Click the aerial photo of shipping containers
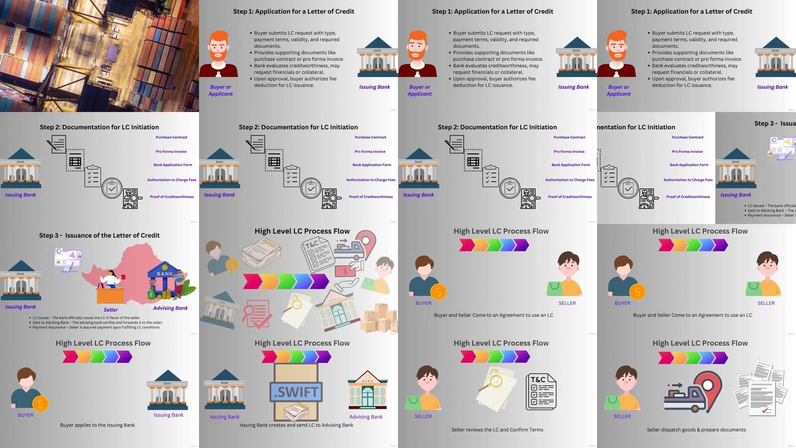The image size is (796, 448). tap(99, 56)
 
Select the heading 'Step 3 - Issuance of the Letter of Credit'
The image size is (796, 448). tap(99, 235)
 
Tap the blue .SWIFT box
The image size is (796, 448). tap(296, 392)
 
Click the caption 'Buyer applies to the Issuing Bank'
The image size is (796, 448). tap(98, 425)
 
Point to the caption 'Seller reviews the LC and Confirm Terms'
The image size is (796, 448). tap(497, 430)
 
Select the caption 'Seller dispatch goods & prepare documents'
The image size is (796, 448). tap(696, 430)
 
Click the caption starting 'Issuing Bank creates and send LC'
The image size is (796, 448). tap(297, 425)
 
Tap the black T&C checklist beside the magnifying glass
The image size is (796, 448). tap(541, 392)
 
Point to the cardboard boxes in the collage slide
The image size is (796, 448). tap(381, 319)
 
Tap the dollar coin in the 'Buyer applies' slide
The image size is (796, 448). tap(40, 403)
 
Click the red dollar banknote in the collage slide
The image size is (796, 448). tap(345, 271)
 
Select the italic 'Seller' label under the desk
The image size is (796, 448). tap(110, 310)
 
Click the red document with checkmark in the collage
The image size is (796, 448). tap(257, 314)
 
